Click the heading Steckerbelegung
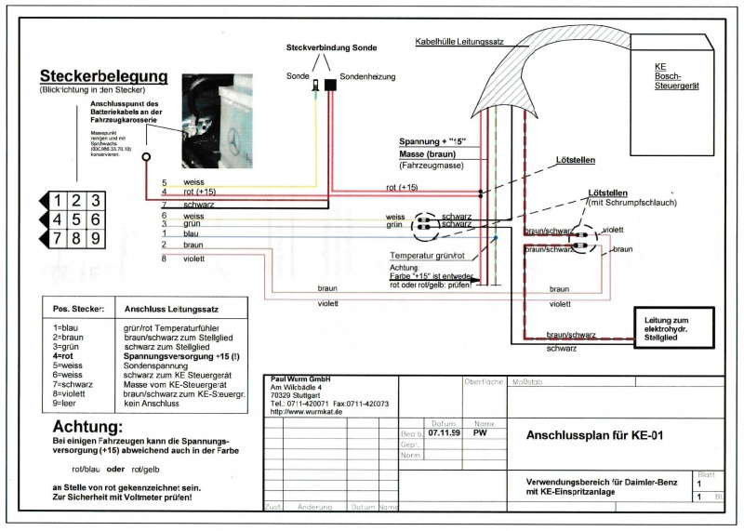[103, 76]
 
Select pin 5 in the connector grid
[76, 219]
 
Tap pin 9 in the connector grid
[95, 238]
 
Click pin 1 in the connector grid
[58, 201]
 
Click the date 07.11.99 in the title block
[445, 432]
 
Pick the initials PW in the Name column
[480, 432]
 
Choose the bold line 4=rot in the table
[70, 354]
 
